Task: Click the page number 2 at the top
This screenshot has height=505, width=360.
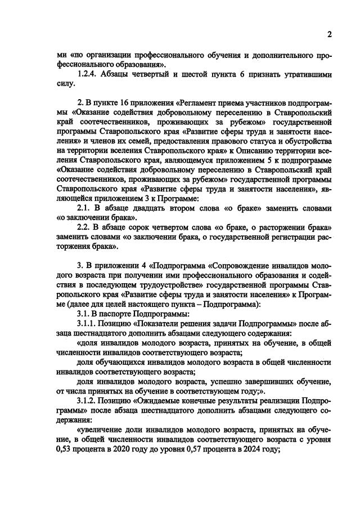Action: [x=330, y=35]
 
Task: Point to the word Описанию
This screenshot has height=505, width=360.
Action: [x=243, y=151]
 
